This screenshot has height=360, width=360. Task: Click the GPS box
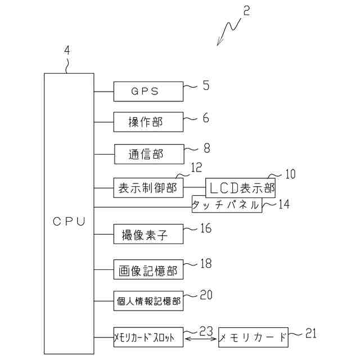coord(148,91)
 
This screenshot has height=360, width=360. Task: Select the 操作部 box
coord(148,122)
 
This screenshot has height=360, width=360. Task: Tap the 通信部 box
coord(149,154)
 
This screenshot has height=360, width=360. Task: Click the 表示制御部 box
coord(148,188)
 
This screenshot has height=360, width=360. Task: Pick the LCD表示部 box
coord(240,188)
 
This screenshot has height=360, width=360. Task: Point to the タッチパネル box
coord(227,204)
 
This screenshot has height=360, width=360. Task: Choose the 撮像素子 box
coord(148,234)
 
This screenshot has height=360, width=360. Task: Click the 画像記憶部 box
coord(148,269)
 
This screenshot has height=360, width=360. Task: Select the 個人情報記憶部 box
coord(148,301)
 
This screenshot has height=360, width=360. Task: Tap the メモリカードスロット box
coord(148,337)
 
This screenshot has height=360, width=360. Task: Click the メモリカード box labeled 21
coord(253,337)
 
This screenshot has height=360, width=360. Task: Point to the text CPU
coord(69,222)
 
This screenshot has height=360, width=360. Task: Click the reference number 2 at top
coord(246,11)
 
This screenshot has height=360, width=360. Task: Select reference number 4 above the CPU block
coord(67,50)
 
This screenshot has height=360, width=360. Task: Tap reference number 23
coord(206,331)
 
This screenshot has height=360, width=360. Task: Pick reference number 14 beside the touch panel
coord(283,204)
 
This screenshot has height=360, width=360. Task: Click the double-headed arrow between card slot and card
coord(201,339)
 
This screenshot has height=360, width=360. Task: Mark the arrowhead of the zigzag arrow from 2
coord(218,44)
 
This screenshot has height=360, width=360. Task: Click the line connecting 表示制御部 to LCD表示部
coord(195,187)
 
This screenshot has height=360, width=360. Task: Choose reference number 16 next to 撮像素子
coord(206,228)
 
